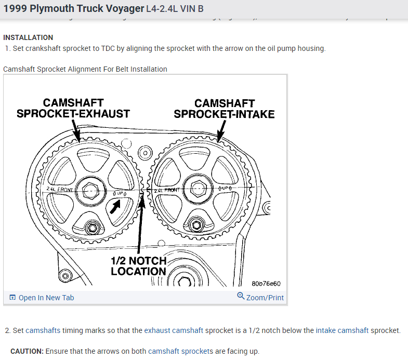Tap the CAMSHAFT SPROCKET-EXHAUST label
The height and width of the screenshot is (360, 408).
pyautogui.click(x=73, y=108)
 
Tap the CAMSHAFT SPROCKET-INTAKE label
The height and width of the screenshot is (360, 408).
pyautogui.click(x=224, y=108)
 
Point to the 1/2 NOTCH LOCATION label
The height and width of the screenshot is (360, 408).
pyautogui.click(x=138, y=265)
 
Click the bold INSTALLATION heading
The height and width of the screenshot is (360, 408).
pyautogui.click(x=28, y=37)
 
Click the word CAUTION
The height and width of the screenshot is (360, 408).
pyautogui.click(x=26, y=351)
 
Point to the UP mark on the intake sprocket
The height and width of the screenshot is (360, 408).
pyautogui.click(x=228, y=188)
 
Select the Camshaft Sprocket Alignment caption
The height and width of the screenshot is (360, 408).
pyautogui.click(x=85, y=69)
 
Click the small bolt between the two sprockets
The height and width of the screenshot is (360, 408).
pyautogui.click(x=143, y=154)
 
